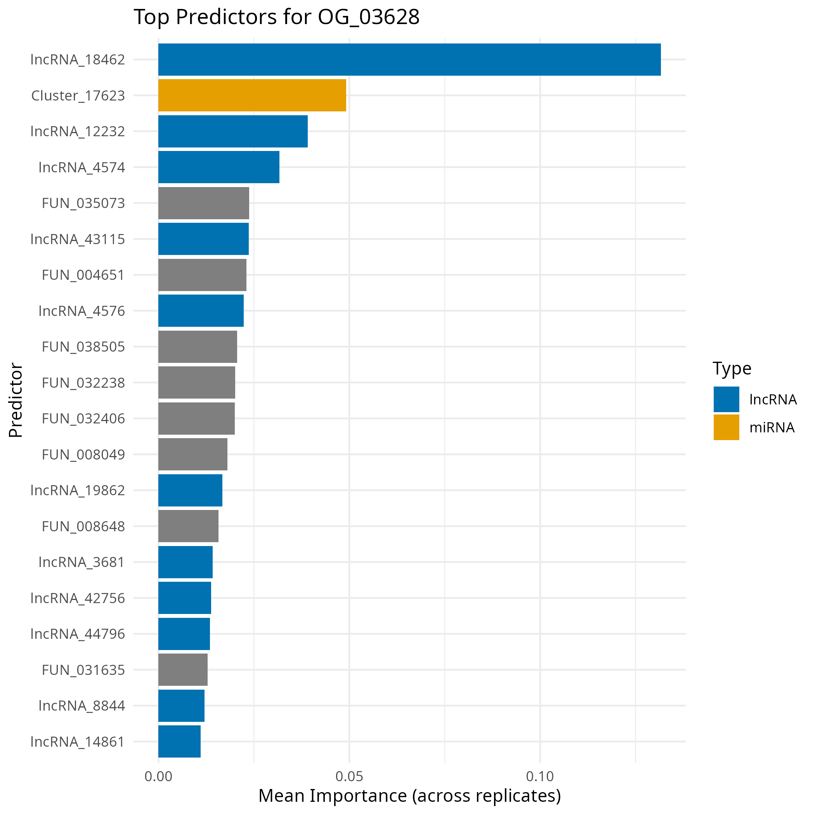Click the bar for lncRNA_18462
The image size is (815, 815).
(x=409, y=59)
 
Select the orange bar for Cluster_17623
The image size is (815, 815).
(x=252, y=95)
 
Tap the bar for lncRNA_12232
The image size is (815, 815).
(x=233, y=131)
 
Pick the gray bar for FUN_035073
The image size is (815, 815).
(x=203, y=203)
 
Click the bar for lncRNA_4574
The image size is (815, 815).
(x=218, y=167)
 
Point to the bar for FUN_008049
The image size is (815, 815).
(x=192, y=454)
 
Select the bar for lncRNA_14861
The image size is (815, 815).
(x=179, y=741)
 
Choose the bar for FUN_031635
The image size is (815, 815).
(x=183, y=669)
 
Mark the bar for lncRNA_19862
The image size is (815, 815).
(x=190, y=490)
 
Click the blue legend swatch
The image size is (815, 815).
(x=726, y=399)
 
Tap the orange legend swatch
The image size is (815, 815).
(x=726, y=427)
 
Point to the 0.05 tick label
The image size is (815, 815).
(x=349, y=776)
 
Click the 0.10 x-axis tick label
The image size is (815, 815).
(x=539, y=776)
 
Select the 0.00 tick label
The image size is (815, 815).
(x=158, y=776)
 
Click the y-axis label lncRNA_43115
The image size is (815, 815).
(x=78, y=239)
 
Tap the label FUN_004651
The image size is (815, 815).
(x=83, y=275)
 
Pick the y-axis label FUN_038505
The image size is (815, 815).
(x=83, y=347)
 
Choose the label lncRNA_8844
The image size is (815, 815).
(x=82, y=705)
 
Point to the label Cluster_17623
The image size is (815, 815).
(x=78, y=96)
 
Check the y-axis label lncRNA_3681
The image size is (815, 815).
(x=82, y=562)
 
